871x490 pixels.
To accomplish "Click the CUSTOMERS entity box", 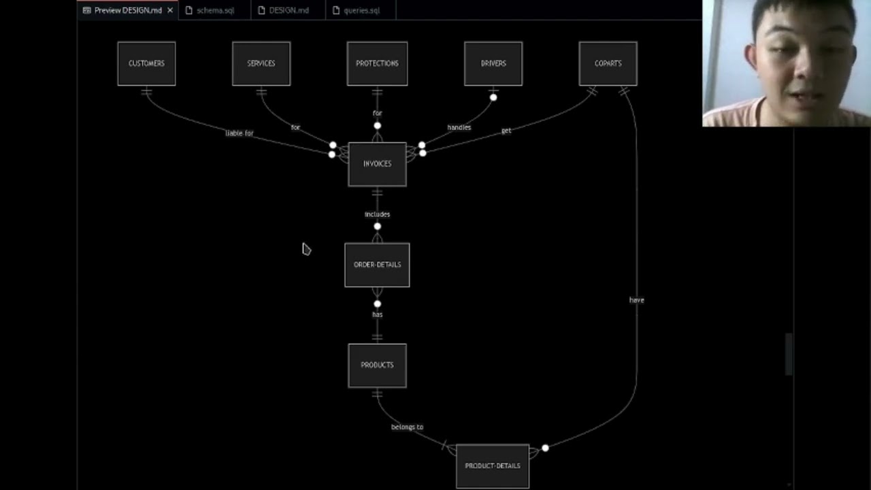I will click(x=146, y=63).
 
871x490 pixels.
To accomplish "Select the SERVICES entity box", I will click(x=261, y=63).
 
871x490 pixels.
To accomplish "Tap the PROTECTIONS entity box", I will click(x=377, y=63).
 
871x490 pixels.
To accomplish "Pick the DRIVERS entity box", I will click(x=493, y=63).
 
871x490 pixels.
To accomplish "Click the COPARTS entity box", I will click(x=608, y=63).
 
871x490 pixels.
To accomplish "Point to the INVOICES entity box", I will click(x=377, y=164).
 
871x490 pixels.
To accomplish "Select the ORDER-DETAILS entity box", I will click(x=377, y=265).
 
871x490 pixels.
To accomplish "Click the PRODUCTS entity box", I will click(x=377, y=365).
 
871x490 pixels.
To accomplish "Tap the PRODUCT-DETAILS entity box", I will click(x=493, y=466).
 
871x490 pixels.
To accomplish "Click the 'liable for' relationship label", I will click(x=240, y=133).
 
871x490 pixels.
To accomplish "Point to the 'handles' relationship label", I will click(x=459, y=127).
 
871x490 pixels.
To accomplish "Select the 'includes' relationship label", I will click(x=377, y=214).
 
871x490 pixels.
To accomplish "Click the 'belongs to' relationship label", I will click(x=407, y=427).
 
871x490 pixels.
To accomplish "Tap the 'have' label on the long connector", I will click(x=636, y=300).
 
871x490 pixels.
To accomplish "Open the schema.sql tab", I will click(x=215, y=10).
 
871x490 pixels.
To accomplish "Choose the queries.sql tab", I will click(x=361, y=10).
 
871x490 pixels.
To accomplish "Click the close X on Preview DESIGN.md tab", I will click(x=170, y=10).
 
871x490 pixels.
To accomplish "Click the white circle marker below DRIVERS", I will click(x=493, y=97).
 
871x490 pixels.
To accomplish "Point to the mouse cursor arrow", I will click(x=306, y=249).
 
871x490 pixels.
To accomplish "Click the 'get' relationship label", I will click(x=506, y=131).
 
